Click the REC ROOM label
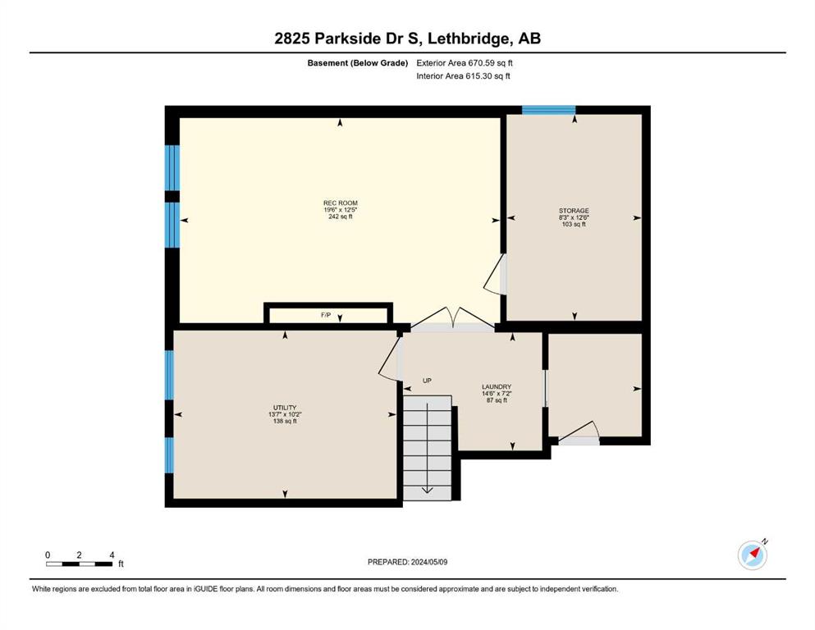341,203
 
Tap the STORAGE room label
574,211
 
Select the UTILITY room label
285,408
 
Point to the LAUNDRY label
497,387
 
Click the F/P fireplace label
326,315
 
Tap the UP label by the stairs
427,381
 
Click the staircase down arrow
428,448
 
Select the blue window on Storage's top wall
548,110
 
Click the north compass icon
753,555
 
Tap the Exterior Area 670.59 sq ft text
465,63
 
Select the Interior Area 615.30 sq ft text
463,75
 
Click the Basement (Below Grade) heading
358,63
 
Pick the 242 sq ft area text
341,217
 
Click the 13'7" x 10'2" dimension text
285,414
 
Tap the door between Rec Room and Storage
496,275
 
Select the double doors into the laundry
453,318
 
